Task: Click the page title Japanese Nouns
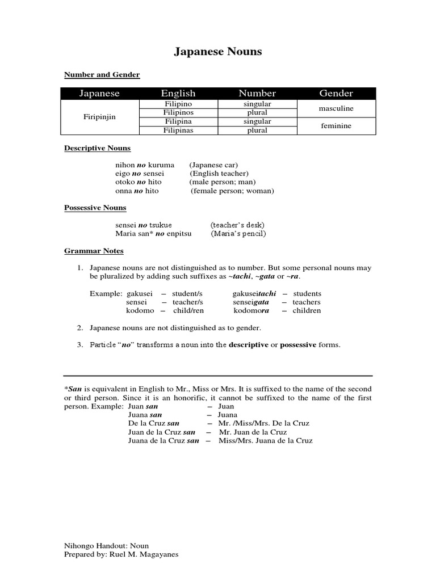(x=218, y=52)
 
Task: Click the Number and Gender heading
(x=102, y=75)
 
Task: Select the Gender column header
(x=336, y=93)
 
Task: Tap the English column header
(x=178, y=93)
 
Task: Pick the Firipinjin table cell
(x=99, y=117)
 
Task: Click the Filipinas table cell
(x=178, y=130)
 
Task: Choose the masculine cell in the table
(x=337, y=108)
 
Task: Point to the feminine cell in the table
(x=336, y=126)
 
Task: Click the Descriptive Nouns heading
(x=97, y=148)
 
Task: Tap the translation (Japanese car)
(x=214, y=165)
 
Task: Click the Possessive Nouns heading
(x=95, y=208)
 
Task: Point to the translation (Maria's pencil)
(x=238, y=234)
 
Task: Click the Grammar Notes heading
(x=94, y=251)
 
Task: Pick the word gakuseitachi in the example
(x=254, y=294)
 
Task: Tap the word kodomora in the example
(x=251, y=311)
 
